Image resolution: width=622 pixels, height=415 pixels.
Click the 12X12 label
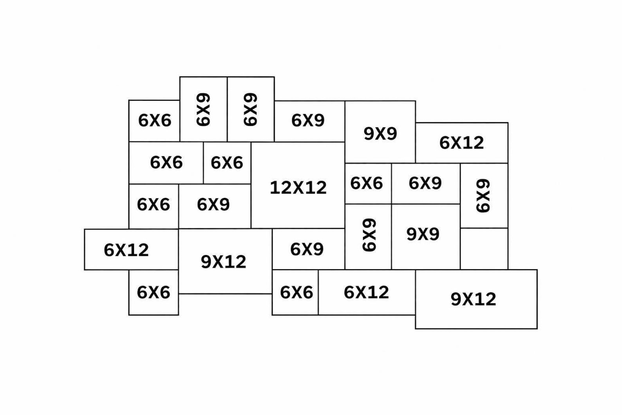(298, 187)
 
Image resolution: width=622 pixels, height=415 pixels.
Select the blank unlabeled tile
(484, 248)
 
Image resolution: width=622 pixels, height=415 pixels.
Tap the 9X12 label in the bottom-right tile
(473, 299)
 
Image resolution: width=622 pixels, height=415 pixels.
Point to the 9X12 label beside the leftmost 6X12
(224, 262)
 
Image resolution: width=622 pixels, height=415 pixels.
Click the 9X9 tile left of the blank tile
(426, 237)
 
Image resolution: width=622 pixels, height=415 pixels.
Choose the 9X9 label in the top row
(380, 134)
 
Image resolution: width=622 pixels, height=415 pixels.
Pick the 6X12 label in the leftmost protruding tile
(127, 250)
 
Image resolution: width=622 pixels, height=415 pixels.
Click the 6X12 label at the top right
(461, 143)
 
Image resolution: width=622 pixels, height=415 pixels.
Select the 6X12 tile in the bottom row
(367, 292)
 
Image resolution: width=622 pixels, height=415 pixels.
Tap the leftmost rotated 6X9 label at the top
(203, 109)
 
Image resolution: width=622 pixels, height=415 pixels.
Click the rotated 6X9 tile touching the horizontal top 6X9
(251, 109)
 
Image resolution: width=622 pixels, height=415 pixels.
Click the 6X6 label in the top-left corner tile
(155, 121)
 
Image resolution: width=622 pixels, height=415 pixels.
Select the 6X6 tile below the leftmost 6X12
(154, 292)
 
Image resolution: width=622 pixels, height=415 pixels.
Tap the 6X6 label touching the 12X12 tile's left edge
(227, 163)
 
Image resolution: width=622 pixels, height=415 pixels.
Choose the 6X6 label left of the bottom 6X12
(297, 292)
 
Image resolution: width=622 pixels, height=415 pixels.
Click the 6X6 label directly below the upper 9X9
(367, 183)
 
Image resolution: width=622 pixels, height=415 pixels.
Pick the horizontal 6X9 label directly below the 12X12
(307, 249)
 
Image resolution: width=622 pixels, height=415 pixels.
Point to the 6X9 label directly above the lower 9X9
(425, 183)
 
